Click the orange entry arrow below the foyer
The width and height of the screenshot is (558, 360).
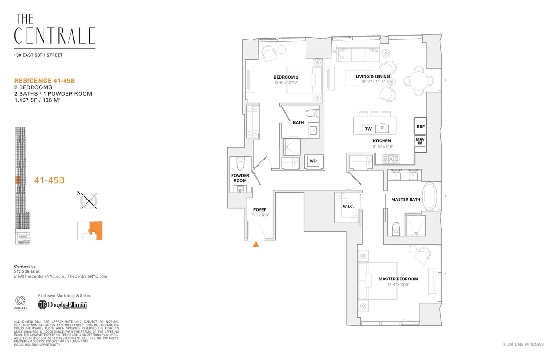click(x=255, y=243)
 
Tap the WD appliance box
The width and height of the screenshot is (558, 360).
click(x=313, y=161)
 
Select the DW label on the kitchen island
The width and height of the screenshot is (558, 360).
click(x=367, y=129)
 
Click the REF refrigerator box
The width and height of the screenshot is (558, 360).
click(x=420, y=127)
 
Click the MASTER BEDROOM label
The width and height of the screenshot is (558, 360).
click(x=398, y=279)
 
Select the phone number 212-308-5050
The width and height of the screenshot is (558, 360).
click(x=27, y=271)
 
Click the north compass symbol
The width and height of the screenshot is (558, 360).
click(x=88, y=200)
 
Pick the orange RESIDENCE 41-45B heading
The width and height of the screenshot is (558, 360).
click(x=45, y=80)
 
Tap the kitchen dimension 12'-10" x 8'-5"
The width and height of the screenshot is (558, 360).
click(x=381, y=147)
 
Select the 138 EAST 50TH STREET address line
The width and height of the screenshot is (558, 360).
click(x=38, y=55)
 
